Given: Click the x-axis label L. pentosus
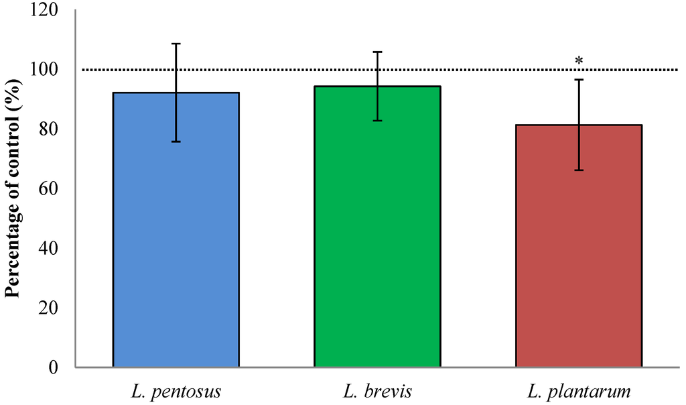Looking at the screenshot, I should click(176, 391).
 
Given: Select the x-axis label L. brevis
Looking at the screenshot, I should click(377, 391).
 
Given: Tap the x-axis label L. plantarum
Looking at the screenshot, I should click(579, 391).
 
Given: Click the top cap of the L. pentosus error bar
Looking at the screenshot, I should click(176, 44).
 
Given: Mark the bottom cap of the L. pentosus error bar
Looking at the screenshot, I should click(176, 141).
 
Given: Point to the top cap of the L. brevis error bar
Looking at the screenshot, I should click(377, 52).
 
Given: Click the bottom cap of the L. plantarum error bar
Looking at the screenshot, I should click(579, 170).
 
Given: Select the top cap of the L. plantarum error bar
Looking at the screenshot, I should click(579, 80).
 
